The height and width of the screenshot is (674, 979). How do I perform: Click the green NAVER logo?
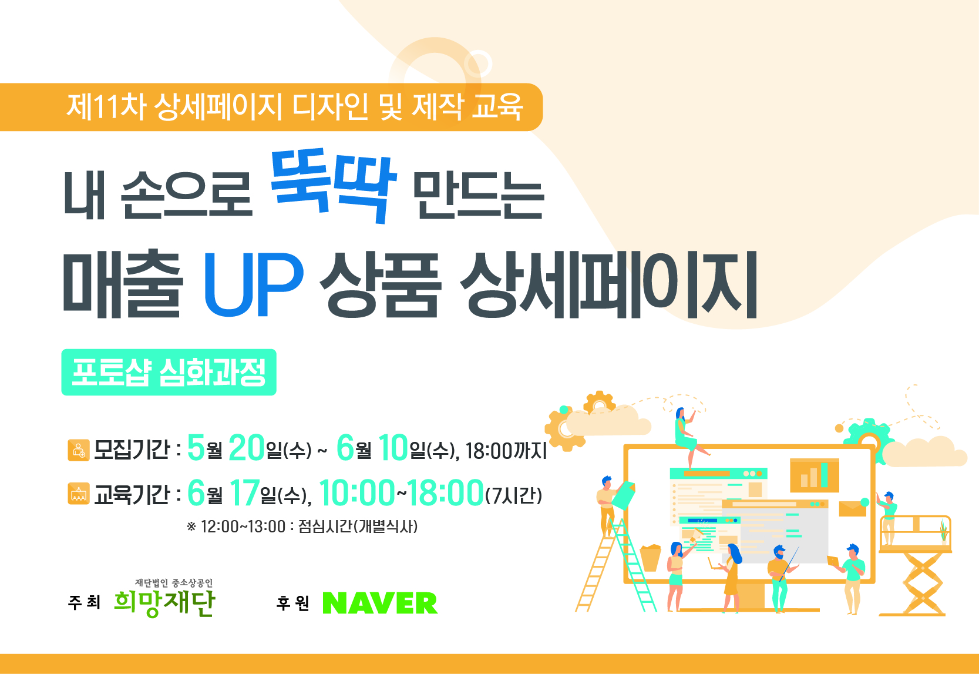coord(380,603)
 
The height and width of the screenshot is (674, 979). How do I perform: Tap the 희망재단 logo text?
coord(165,603)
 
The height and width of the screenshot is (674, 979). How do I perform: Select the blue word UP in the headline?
coord(254,284)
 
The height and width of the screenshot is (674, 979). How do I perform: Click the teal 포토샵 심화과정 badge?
coord(169,372)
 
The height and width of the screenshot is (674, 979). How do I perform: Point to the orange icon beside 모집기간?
coord(79,450)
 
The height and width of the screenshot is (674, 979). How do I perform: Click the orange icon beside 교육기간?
coord(79,494)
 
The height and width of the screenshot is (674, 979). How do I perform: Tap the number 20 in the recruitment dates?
coord(247,447)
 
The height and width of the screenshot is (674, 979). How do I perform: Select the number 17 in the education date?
coord(245,492)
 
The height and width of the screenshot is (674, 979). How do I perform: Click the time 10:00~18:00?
coord(401,492)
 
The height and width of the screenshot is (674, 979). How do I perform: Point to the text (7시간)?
coord(513,495)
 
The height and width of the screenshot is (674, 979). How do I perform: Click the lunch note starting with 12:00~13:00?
coord(302,526)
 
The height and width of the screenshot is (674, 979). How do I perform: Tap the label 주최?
coord(85,603)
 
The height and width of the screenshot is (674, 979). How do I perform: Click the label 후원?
coord(293,603)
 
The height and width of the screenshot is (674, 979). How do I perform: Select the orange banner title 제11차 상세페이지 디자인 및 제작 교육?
coord(295,107)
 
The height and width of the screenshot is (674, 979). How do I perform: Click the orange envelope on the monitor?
coord(853,509)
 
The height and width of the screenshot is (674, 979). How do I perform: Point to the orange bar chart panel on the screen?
coord(814,475)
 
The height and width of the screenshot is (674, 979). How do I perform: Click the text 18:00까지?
coord(506,451)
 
